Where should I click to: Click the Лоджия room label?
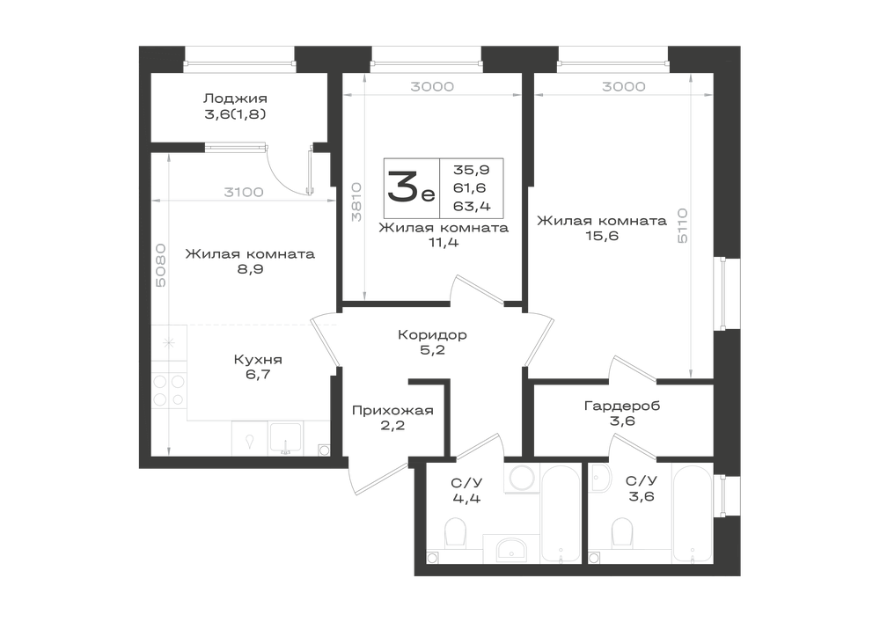click(235, 99)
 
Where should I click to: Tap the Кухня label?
click(258, 360)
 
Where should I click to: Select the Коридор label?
click(432, 335)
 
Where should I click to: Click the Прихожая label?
click(392, 411)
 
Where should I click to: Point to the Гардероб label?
click(622, 406)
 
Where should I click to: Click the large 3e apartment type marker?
click(411, 188)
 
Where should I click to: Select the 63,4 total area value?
click(472, 207)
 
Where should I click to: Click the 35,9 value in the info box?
click(472, 170)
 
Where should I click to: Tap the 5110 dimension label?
click(683, 225)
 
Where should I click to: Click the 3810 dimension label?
click(356, 201)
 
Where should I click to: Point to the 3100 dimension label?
click(244, 193)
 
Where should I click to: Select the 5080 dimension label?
click(160, 266)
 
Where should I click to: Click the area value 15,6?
click(602, 236)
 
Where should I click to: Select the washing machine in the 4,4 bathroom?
click(522, 478)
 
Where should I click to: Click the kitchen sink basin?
click(285, 437)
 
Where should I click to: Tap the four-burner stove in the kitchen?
click(169, 391)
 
